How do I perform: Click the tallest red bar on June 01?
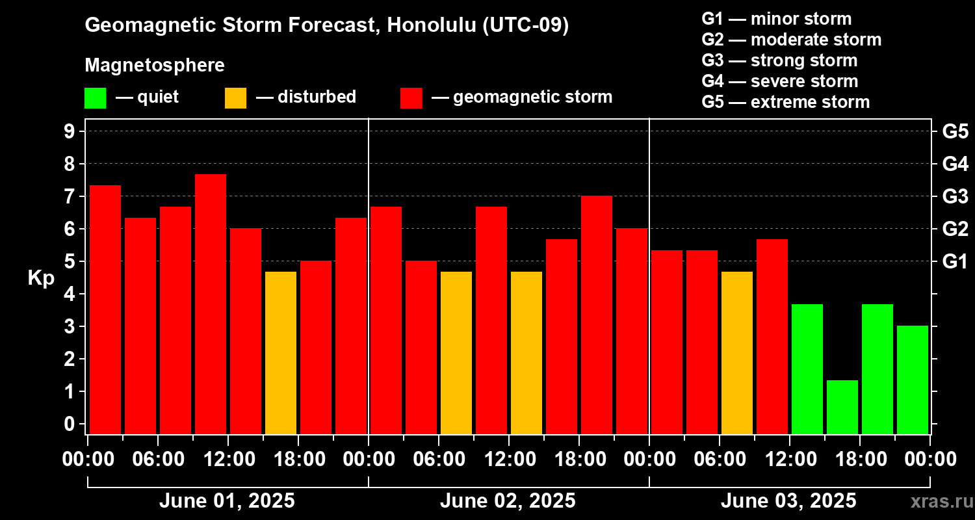pos(211,304)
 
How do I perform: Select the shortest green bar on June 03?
pos(842,408)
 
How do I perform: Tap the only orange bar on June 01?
pos(281,353)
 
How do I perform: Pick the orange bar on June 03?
pos(737,353)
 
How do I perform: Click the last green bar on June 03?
pos(913,380)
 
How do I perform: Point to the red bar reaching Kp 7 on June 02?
pos(597,315)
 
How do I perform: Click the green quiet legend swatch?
pos(96,98)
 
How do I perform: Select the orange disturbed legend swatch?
pos(235,98)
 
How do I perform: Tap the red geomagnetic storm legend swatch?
pos(411,98)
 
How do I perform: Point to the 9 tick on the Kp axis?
pos(69,131)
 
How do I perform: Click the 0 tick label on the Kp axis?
pos(69,424)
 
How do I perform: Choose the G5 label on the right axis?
pos(955,131)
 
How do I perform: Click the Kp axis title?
pos(42,278)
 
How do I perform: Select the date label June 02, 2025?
pos(508,501)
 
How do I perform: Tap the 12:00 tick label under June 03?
pos(791,459)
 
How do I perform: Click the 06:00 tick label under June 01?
pos(159,459)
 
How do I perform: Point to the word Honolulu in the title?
pos(432,25)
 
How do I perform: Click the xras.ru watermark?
pos(942,501)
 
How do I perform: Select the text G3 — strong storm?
pos(779,60)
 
